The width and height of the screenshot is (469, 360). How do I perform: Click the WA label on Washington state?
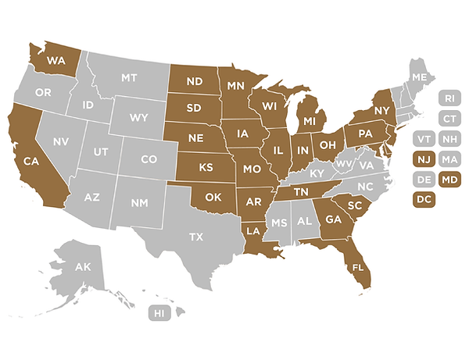[x=55, y=60]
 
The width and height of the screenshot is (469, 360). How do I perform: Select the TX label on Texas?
[x=196, y=237]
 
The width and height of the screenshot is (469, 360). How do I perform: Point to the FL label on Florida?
[x=358, y=267]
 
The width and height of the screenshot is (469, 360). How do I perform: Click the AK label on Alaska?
[x=83, y=267]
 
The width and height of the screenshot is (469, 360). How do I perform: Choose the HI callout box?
[x=159, y=313]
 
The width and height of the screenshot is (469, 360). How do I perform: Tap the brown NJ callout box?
[x=424, y=159]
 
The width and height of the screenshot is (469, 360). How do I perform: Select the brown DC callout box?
[x=424, y=200]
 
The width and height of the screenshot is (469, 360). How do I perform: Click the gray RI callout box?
[x=449, y=98]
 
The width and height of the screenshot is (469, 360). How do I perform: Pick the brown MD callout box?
[x=449, y=180]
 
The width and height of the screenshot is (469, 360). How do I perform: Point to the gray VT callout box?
[x=424, y=139]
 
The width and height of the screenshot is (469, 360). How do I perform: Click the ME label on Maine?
[x=420, y=77]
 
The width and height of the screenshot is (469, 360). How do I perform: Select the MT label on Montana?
[x=131, y=78]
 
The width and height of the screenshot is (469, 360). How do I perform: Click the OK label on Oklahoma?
[x=213, y=197]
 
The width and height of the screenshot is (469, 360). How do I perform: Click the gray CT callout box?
[x=449, y=119]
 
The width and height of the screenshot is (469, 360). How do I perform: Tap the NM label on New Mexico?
[x=139, y=203]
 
